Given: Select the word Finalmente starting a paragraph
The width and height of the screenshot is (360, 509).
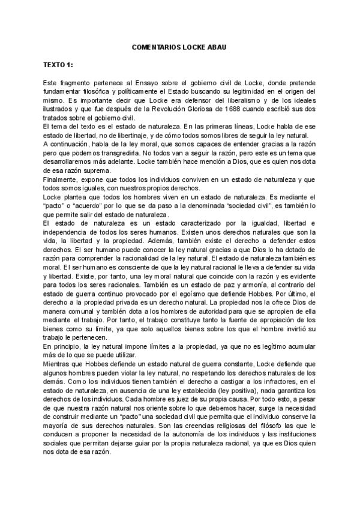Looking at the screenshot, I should point(62,179).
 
